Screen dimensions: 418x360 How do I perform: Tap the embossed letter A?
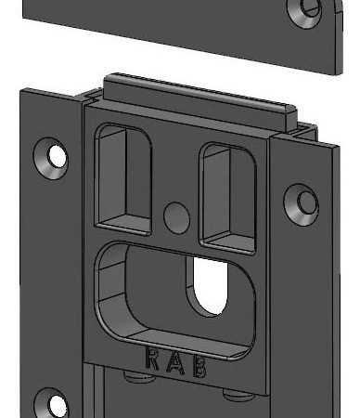[174, 362]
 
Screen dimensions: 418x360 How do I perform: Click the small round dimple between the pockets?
[175, 216]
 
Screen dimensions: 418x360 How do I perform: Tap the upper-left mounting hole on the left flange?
[54, 155]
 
